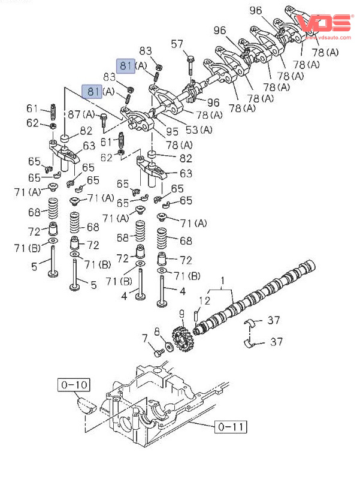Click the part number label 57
(177, 44)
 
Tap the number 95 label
(173, 131)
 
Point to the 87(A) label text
(81, 115)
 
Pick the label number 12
(204, 300)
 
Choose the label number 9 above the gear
(181, 314)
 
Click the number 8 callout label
(157, 331)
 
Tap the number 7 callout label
(144, 340)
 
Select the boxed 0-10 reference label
(74, 384)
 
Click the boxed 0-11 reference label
(231, 427)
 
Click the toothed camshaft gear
(180, 340)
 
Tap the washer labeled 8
(170, 346)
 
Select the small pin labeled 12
(196, 314)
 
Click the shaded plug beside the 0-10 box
(86, 405)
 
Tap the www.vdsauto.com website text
(329, 37)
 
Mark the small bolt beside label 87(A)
(103, 122)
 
